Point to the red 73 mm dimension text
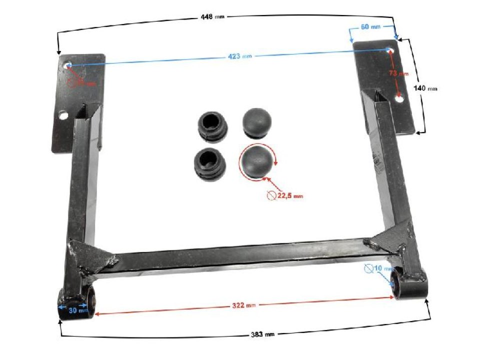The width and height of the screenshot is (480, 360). pyautogui.click(x=399, y=73)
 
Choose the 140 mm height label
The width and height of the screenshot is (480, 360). pyautogui.click(x=425, y=88)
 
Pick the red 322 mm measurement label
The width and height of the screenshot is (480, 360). pyautogui.click(x=243, y=305)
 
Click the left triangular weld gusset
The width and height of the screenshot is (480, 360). pyautogui.click(x=91, y=257)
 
